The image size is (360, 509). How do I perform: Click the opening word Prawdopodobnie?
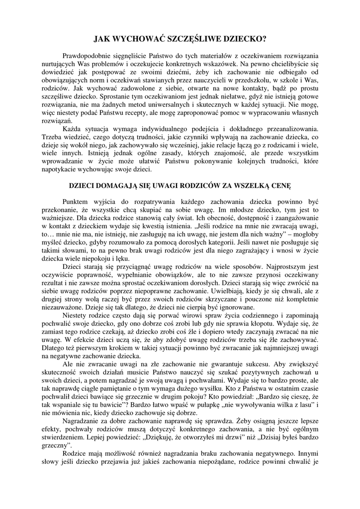point(88,55)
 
